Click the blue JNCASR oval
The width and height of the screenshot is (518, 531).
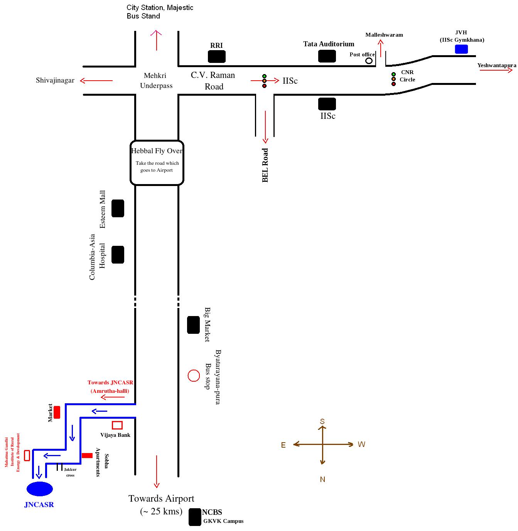coord(39,489)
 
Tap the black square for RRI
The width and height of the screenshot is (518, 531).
coord(217,57)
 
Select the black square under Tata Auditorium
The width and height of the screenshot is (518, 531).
coord(327,56)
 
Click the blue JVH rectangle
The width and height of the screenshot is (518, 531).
coord(461,49)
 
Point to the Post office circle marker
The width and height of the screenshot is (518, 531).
coord(369,61)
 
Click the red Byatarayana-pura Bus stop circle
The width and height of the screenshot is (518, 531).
coord(194,375)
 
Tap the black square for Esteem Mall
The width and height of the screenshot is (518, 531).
coord(118,208)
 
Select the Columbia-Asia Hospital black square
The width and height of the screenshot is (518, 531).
coord(118,255)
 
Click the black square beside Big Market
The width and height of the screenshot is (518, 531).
coord(193,325)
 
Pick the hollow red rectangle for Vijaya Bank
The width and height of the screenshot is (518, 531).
coord(117,425)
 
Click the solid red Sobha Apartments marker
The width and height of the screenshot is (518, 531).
coord(87,455)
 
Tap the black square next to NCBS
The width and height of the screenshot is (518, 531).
coord(195,517)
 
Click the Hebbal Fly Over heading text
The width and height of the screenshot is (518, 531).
coord(157,151)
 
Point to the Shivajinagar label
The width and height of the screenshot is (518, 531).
coord(55,81)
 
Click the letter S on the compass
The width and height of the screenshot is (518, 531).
coord(322,421)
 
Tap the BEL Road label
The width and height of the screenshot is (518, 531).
coord(265,165)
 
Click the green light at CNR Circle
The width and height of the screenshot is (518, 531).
coord(393,74)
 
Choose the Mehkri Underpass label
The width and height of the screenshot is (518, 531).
coord(156,81)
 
